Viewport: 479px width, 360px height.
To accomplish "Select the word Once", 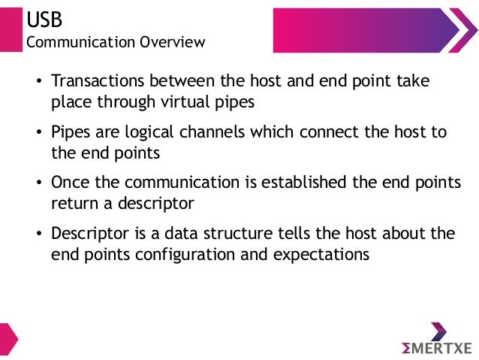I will (x=70, y=183).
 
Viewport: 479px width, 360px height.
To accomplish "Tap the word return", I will (x=74, y=203).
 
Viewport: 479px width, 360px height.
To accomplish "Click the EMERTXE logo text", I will (x=438, y=347).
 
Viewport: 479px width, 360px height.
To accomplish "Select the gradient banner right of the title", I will (x=375, y=30).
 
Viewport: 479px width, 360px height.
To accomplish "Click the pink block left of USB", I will (x=9, y=28).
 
